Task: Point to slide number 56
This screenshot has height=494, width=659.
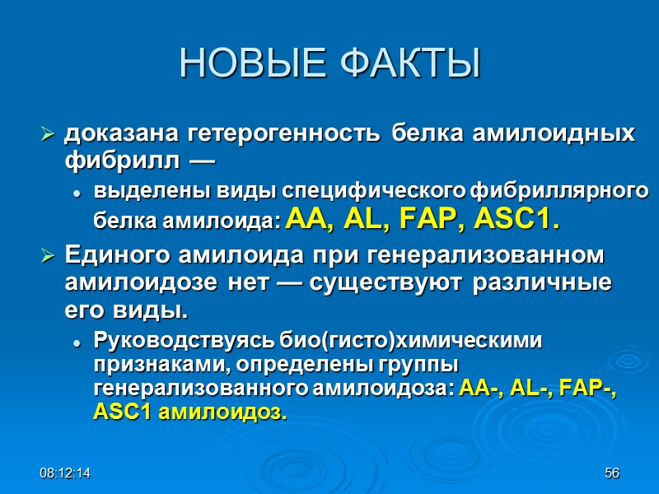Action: (611, 473)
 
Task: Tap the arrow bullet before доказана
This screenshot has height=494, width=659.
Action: (48, 133)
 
